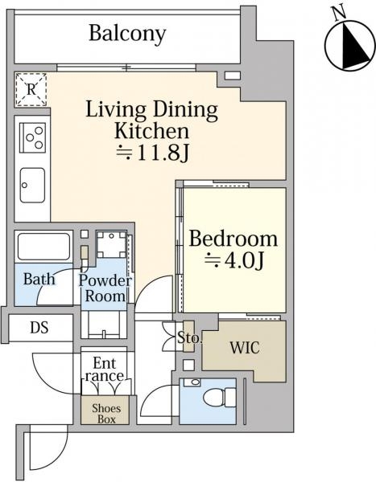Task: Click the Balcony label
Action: pyautogui.click(x=127, y=34)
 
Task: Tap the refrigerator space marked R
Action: pyautogui.click(x=31, y=89)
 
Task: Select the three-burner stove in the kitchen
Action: pyautogui.click(x=33, y=137)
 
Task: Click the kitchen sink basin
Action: pyautogui.click(x=32, y=185)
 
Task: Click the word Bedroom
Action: pyautogui.click(x=233, y=239)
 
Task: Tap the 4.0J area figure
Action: pyautogui.click(x=234, y=260)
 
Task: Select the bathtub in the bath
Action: pyautogui.click(x=43, y=247)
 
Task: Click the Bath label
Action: pyautogui.click(x=39, y=279)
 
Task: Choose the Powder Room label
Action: pyautogui.click(x=105, y=288)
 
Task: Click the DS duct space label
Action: pyautogui.click(x=39, y=328)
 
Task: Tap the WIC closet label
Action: pyautogui.click(x=245, y=348)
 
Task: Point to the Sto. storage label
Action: pyautogui.click(x=190, y=338)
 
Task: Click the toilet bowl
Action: pyautogui.click(x=220, y=396)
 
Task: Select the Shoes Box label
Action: pyautogui.click(x=106, y=414)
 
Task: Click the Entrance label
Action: pyautogui.click(x=105, y=370)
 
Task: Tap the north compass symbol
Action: pyautogui.click(x=350, y=46)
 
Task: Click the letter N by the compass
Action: pyautogui.click(x=339, y=14)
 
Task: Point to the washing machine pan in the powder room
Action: pyautogui.click(x=111, y=244)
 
